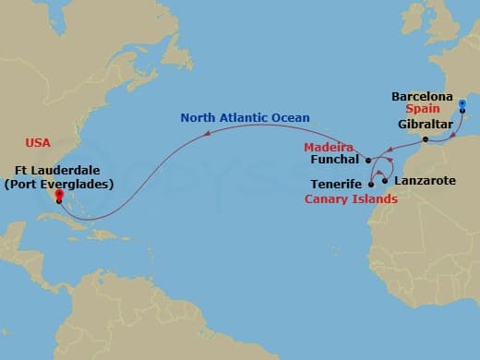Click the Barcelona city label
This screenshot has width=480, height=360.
422,95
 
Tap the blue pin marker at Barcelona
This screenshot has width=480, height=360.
462,116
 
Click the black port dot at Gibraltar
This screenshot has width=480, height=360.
425,140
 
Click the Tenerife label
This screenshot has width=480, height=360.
336,185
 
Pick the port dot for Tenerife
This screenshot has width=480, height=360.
371,185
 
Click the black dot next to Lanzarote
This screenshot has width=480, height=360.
385,181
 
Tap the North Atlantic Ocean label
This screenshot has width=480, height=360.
245,117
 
